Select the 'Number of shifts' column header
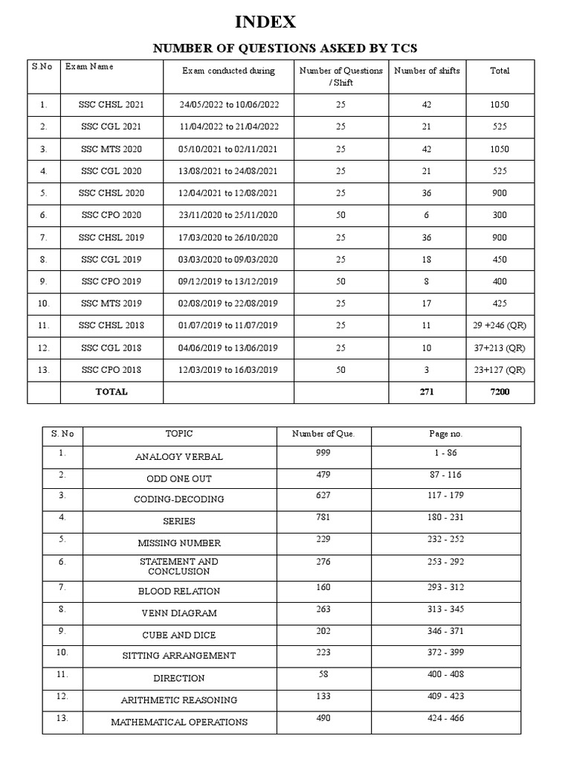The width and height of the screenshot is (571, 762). pos(427,71)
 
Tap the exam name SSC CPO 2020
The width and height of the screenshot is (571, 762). pos(112,215)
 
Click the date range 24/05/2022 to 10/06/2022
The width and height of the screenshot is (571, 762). pos(229,105)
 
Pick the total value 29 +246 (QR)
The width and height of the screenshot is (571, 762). pos(500,326)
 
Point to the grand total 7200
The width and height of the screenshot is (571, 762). pos(500,391)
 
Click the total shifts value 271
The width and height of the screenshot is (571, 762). pos(427,391)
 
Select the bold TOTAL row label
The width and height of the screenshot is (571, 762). pos(112,391)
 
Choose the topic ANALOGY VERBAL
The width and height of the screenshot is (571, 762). pos(179,457)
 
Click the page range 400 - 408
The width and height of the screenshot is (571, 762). pos(447,675)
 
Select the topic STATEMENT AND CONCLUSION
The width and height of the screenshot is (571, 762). pos(179,566)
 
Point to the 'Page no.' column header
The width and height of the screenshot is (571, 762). pos(447,434)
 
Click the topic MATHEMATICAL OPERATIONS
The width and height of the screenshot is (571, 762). pos(179,722)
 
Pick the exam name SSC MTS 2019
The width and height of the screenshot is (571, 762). pos(112,304)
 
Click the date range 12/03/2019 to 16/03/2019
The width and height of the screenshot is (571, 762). pos(229,370)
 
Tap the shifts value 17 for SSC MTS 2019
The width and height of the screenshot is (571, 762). pos(427,304)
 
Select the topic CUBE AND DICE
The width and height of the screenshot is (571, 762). pos(179,635)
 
